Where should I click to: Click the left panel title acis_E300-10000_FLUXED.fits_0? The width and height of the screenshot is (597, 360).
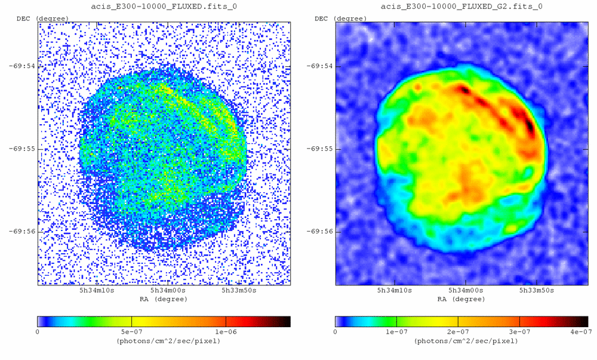coord(164,7)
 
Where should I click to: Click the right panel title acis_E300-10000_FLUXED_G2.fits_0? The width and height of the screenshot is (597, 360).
coord(461,7)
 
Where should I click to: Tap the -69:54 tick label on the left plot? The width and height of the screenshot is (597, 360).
coord(23,66)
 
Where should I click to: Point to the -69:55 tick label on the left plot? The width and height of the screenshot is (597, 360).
coord(23,149)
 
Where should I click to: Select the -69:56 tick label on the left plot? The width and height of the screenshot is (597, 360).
coord(23,231)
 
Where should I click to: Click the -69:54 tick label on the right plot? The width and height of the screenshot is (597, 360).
coord(321,66)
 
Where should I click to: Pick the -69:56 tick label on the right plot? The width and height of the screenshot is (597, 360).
coord(321,231)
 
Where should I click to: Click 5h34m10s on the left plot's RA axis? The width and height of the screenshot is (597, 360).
coord(97,291)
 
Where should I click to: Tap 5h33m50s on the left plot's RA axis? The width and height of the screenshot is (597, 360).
coord(239,291)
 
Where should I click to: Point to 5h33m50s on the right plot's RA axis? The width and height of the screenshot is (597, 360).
coord(537,291)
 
